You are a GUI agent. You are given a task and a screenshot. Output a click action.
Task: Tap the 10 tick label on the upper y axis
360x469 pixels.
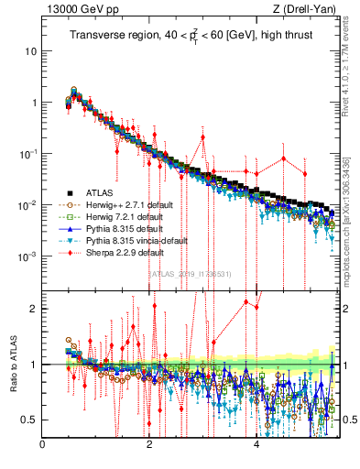tap(30, 51)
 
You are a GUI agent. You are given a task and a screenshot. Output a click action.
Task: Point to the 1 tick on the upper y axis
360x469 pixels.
tap(33, 103)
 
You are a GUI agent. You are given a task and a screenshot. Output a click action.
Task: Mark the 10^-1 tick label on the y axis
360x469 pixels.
tap(27, 154)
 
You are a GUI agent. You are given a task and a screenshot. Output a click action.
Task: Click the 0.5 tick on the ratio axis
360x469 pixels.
tap(29, 420)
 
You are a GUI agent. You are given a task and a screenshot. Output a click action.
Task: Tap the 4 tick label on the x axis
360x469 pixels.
tap(256, 448)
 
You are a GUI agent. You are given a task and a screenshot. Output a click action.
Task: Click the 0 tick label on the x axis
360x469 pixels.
tap(43, 448)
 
